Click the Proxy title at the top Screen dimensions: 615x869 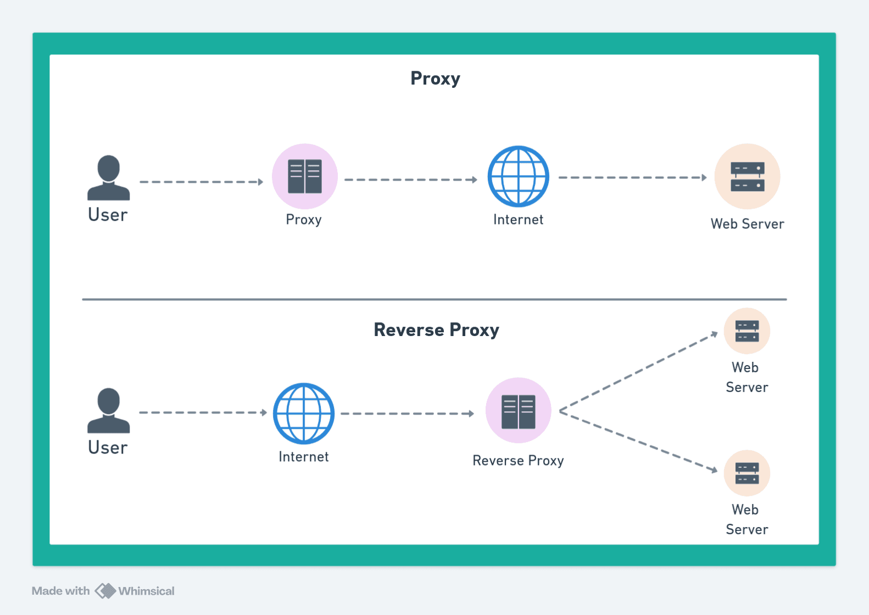tap(435, 79)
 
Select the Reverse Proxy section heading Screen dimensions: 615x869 tap(436, 330)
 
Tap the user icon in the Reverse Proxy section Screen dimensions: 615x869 tap(108, 411)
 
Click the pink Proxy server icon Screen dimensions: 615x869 tap(305, 176)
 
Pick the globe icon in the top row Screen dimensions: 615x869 tap(518, 176)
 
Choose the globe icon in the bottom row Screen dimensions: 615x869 tap(304, 413)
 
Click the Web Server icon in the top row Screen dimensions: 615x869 tap(747, 176)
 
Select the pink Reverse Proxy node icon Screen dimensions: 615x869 tap(518, 410)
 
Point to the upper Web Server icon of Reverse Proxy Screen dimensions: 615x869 tap(747, 331)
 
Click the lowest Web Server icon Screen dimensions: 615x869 tap(747, 473)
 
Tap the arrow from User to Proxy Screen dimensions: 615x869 tap(201, 182)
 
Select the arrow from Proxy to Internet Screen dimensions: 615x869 tap(410, 180)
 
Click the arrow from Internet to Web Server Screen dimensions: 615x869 tap(632, 177)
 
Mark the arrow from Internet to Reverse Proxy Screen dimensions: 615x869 tap(406, 413)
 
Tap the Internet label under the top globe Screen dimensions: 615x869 tap(518, 220)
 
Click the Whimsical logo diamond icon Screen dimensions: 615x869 tap(105, 591)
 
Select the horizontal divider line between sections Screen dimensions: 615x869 tap(434, 299)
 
